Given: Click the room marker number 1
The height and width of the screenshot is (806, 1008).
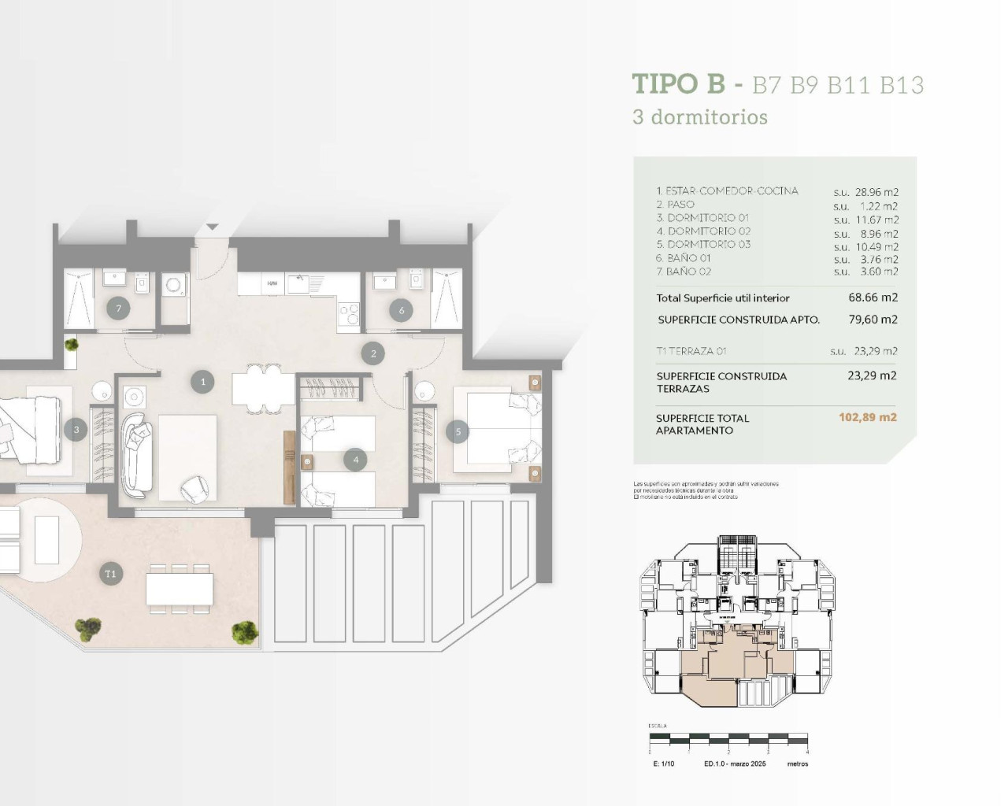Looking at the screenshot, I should click(x=202, y=383).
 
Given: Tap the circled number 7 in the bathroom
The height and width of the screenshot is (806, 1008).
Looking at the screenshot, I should click(x=119, y=309).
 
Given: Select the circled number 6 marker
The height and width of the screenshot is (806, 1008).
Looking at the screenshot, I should click(x=402, y=310).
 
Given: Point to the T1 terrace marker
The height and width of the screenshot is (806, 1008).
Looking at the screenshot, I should click(x=110, y=574).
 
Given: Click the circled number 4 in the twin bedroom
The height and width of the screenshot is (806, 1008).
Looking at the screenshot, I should click(x=356, y=460).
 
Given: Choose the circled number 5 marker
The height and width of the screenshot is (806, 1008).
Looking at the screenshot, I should click(x=458, y=431).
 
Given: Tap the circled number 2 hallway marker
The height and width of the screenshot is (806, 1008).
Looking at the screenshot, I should click(x=373, y=353).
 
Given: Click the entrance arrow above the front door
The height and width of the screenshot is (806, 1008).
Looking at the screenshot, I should click(x=212, y=228).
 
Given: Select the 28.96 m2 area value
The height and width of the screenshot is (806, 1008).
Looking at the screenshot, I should click(x=876, y=192).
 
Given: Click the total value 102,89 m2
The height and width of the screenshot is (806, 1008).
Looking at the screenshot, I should click(x=867, y=417).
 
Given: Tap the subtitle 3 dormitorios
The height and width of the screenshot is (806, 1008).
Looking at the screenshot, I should click(x=699, y=117).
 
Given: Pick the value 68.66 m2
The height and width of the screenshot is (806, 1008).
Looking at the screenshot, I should click(x=873, y=298).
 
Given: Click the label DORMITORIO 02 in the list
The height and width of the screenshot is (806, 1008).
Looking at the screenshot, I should click(x=709, y=231).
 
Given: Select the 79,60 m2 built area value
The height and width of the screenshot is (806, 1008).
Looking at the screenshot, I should click(x=873, y=320).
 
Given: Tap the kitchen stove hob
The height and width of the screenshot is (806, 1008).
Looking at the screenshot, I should click(x=348, y=313).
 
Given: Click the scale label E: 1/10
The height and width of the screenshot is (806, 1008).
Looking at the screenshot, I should click(x=664, y=763).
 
